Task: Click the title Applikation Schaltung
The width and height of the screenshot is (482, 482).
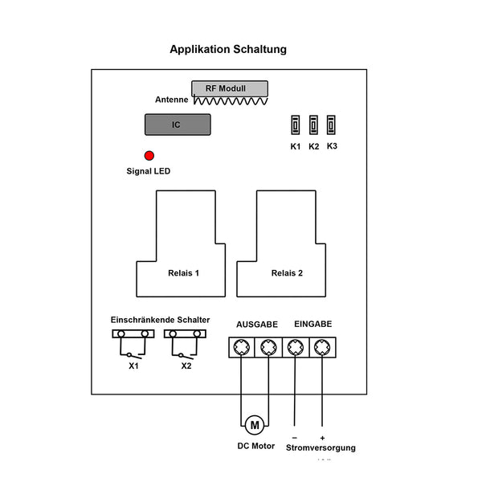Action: (228, 50)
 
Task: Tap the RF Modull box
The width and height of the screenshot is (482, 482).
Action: (230, 88)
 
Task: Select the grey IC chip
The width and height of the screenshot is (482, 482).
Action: (178, 125)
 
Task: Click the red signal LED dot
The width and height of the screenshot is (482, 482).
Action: (149, 156)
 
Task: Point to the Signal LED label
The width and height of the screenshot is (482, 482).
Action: (149, 171)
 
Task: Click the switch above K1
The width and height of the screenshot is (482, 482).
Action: (296, 125)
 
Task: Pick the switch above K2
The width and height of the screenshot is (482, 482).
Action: (314, 125)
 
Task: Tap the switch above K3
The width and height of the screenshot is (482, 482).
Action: (332, 125)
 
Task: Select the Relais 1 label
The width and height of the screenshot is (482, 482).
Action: (184, 273)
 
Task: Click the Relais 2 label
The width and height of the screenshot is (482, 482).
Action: (287, 273)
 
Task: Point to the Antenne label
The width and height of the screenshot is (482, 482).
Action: (172, 100)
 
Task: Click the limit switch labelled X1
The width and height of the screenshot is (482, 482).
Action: (133, 343)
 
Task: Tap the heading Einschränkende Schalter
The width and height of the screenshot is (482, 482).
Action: (160, 320)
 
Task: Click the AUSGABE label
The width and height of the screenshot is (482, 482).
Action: (256, 325)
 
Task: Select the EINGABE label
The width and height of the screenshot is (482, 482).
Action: (312, 325)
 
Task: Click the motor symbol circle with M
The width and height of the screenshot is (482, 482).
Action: (255, 424)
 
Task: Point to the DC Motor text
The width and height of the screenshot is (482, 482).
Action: (255, 446)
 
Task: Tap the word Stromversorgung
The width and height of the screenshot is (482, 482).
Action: (321, 447)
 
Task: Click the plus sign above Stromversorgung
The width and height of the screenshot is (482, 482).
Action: (322, 438)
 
